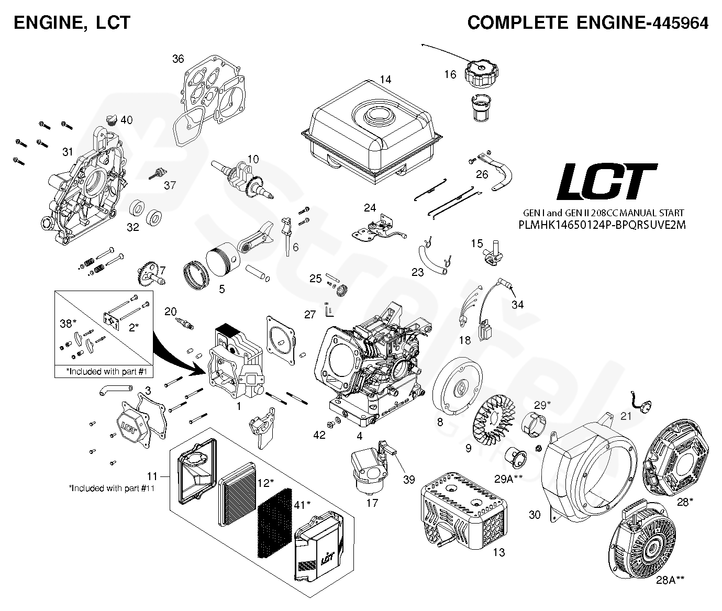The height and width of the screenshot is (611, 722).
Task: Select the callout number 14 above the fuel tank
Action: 385,80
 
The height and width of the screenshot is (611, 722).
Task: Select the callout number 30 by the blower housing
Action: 534,515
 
